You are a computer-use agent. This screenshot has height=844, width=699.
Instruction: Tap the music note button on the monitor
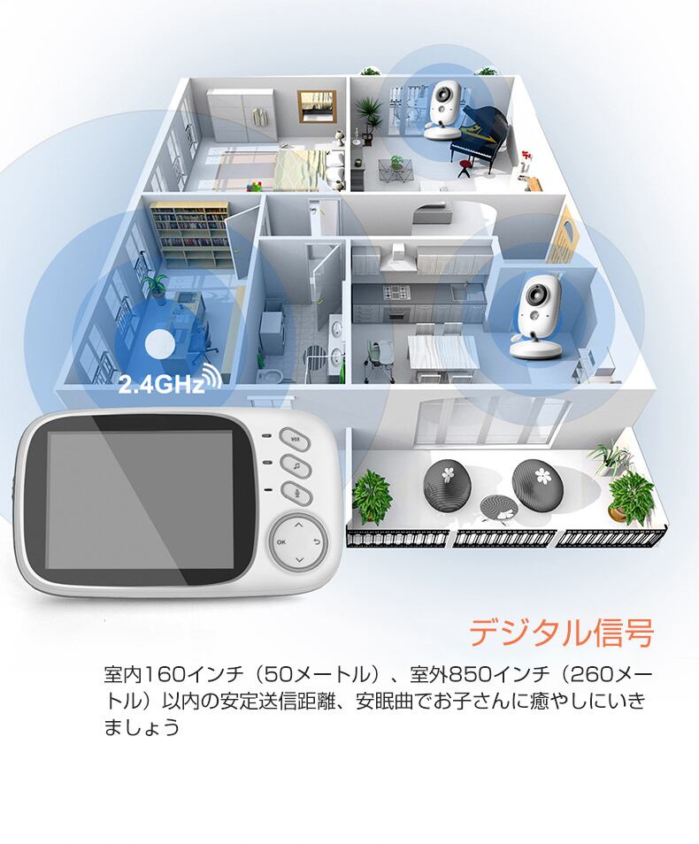(x=293, y=463)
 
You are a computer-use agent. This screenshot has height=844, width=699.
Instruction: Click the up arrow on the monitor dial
(x=299, y=523)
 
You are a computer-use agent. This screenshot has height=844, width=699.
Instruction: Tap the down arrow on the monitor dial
(x=299, y=559)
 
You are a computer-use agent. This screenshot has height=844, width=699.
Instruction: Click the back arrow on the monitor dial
(x=317, y=540)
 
